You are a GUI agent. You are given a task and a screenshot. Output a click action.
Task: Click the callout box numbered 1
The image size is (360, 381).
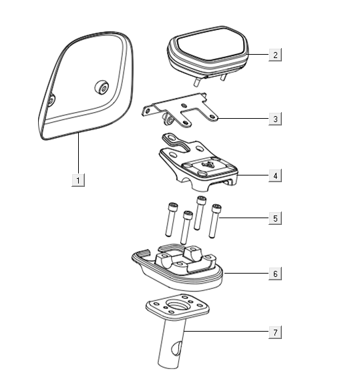(78, 180)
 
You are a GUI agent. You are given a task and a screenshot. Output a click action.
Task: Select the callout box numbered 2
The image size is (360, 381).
(275, 55)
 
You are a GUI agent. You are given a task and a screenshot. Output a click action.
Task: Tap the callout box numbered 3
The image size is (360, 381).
(275, 119)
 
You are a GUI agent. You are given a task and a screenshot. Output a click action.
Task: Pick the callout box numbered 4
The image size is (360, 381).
(275, 175)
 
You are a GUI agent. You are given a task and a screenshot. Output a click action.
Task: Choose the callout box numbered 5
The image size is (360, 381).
(275, 218)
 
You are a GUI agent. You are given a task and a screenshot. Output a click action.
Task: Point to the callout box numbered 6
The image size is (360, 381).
(275, 274)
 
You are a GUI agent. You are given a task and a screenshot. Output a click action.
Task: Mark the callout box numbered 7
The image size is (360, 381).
(275, 332)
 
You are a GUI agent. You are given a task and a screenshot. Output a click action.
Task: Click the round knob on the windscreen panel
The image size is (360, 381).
(102, 87)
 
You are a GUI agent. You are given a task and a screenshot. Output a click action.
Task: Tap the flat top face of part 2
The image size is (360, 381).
(210, 45)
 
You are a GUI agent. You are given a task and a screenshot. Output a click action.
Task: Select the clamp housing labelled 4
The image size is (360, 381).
(198, 163)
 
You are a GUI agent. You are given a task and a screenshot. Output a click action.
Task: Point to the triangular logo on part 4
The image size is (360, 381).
(206, 165)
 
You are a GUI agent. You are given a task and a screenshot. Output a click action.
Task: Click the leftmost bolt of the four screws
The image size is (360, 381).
(170, 220)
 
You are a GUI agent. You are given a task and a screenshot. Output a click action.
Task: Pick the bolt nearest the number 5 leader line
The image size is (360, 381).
(214, 221)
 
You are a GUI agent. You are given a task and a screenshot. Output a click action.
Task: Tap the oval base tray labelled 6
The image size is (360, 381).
(178, 268)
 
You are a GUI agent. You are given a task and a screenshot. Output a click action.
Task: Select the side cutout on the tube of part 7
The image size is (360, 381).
(176, 348)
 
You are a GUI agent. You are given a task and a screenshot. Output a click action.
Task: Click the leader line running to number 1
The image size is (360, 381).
(78, 153)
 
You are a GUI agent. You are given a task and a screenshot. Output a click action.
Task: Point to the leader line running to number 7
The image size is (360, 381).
(226, 331)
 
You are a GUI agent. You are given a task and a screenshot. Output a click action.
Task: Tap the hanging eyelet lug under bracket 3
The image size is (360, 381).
(168, 118)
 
